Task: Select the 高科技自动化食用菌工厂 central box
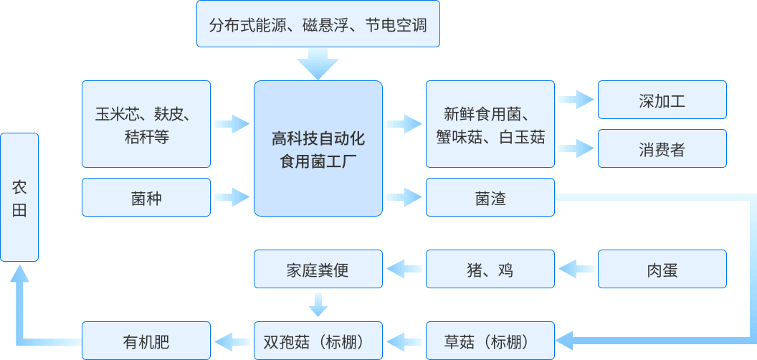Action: [318, 148]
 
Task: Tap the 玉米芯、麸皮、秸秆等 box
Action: [146, 124]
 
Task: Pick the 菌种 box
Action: [146, 197]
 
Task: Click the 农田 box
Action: [19, 197]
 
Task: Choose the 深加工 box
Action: [662, 100]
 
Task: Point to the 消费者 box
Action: [662, 148]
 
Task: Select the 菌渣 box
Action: [490, 197]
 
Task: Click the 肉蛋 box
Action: [662, 270]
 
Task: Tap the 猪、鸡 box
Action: [490, 270]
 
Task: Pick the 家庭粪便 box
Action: [318, 270]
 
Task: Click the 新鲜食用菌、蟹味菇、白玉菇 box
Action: [490, 124]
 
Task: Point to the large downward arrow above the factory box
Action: [318, 64]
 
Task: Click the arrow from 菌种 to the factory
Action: [232, 196]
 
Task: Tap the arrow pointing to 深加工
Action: [576, 100]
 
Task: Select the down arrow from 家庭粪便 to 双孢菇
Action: [318, 304]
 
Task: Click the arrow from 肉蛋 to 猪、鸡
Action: [576, 270]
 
